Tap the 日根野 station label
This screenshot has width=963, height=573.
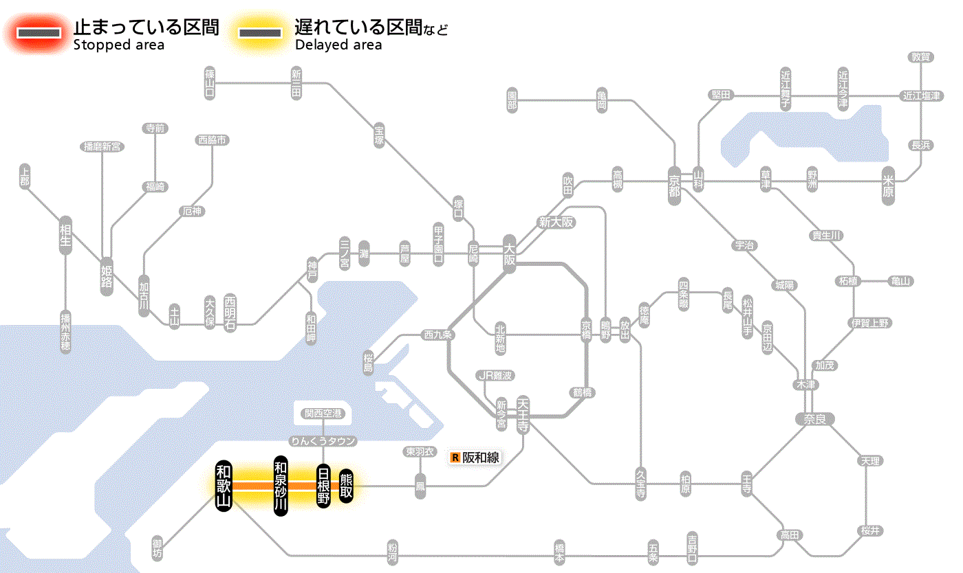click(323, 486)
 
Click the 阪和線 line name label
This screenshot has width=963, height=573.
click(480, 457)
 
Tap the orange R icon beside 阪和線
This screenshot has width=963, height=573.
click(455, 457)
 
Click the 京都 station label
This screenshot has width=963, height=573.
click(674, 182)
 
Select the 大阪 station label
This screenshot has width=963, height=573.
click(510, 254)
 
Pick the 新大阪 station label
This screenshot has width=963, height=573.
click(556, 222)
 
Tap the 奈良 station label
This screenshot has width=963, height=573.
click(814, 418)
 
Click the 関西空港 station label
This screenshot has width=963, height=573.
click(323, 414)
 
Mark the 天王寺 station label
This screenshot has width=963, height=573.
click(523, 415)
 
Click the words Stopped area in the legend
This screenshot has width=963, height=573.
click(119, 45)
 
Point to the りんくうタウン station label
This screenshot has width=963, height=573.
click(323, 440)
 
